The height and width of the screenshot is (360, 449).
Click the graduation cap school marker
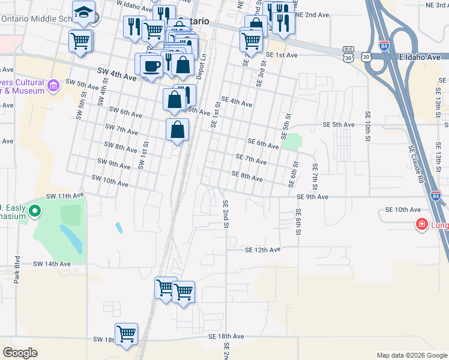[x=83, y=12]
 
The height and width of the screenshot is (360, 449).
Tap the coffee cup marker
[x=152, y=65]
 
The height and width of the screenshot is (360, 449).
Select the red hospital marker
[x=422, y=224]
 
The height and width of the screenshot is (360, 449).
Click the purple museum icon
[x=53, y=85]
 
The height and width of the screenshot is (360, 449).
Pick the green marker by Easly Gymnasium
[x=35, y=211]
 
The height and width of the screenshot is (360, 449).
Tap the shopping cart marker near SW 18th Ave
[x=126, y=334]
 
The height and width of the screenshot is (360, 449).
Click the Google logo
[x=20, y=353]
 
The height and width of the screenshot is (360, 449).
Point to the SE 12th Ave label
[x=262, y=250]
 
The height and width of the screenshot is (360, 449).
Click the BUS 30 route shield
[x=348, y=53]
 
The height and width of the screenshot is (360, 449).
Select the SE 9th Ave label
[x=312, y=197]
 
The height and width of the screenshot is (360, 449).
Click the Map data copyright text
[x=411, y=355]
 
